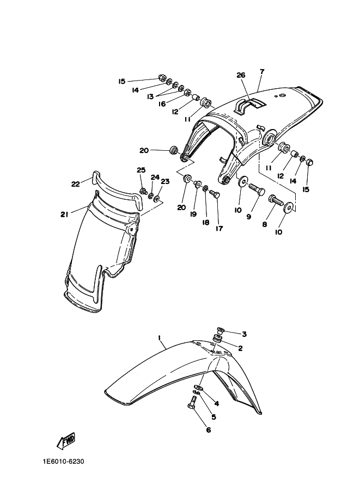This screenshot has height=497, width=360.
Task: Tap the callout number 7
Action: [x=261, y=71]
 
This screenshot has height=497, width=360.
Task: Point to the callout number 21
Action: [x=64, y=214]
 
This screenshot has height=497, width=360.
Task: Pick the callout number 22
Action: [x=76, y=183]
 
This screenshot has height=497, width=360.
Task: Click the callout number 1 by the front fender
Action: [x=160, y=338]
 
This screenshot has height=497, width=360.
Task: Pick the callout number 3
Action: [x=245, y=334]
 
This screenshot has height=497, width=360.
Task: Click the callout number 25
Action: [x=141, y=170]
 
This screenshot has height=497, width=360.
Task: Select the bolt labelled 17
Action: [x=215, y=194]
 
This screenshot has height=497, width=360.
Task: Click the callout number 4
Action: [x=216, y=403]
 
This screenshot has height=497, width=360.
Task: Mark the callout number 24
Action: [x=155, y=177]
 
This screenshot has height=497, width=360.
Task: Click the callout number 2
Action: [x=239, y=348]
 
